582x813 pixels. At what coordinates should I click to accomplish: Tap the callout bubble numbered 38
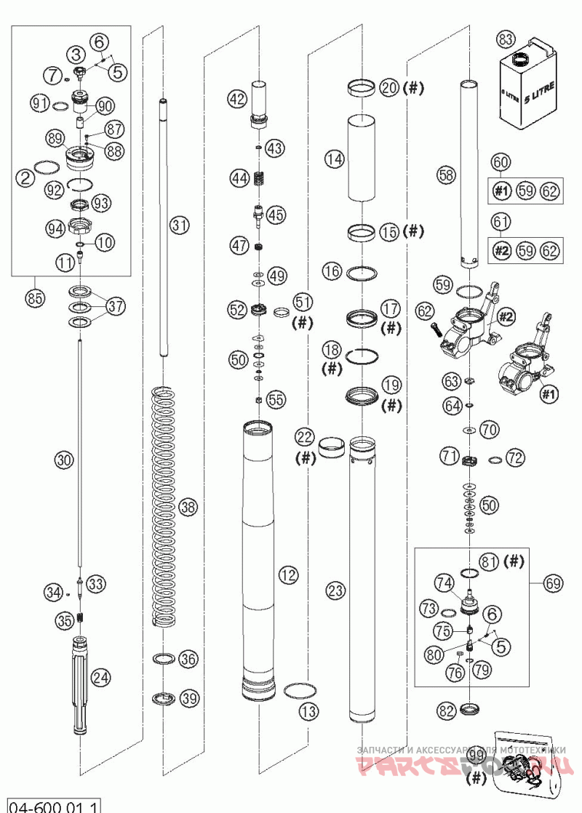[188, 508]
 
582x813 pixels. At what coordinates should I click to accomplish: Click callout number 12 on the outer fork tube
[288, 575]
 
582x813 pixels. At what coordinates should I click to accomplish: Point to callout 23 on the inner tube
[335, 590]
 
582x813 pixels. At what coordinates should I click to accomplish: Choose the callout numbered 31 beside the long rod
[179, 225]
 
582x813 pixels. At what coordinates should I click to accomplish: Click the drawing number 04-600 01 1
[52, 805]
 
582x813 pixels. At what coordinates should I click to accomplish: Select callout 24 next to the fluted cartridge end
[101, 678]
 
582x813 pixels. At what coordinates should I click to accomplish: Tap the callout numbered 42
[236, 98]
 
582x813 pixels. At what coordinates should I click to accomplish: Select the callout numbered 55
[276, 399]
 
